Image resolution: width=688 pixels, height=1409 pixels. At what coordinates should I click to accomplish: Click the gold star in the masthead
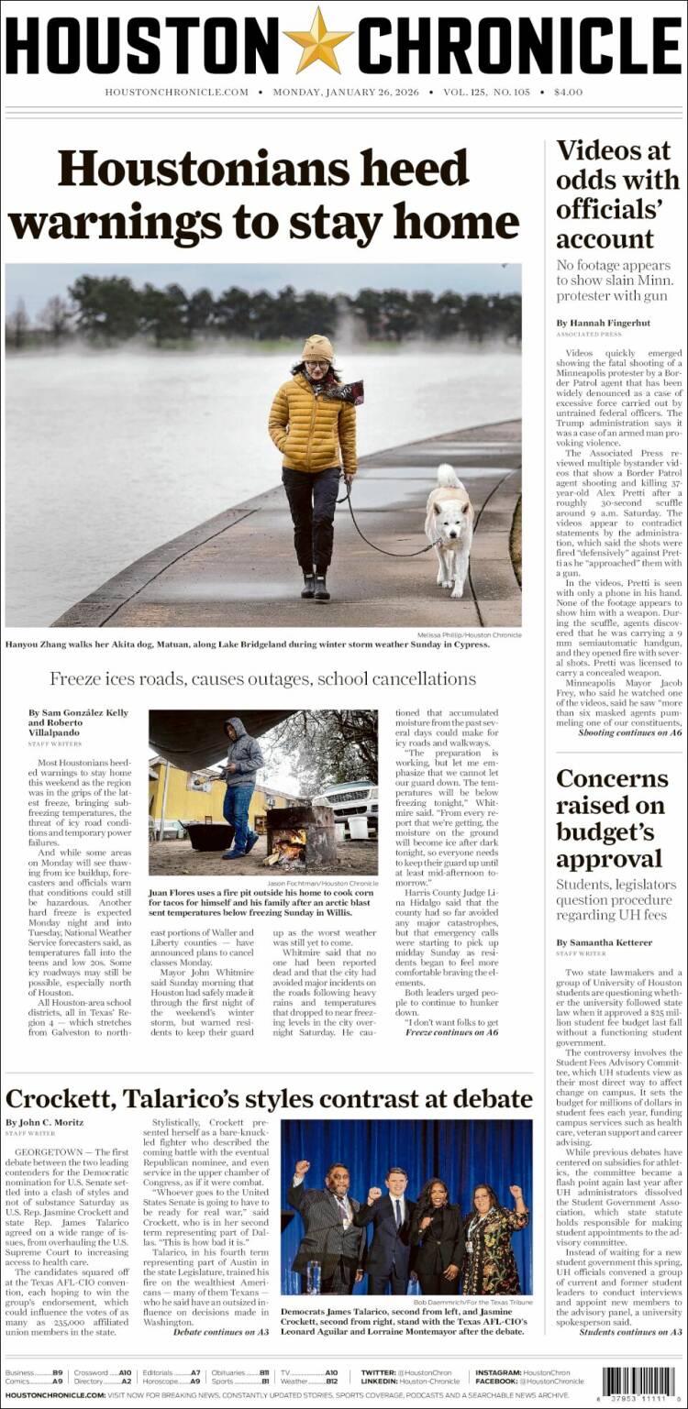pyautogui.click(x=318, y=41)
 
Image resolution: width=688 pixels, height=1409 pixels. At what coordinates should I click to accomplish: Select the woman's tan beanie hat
pyautogui.click(x=317, y=349)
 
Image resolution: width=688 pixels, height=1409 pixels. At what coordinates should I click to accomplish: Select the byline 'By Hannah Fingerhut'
pyautogui.click(x=603, y=323)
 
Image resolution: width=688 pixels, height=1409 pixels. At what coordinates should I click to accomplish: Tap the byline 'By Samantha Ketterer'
pyautogui.click(x=604, y=941)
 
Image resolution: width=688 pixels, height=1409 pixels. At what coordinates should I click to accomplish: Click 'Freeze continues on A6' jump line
pyautogui.click(x=451, y=1031)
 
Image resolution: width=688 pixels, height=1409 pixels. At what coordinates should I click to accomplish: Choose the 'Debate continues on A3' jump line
pyautogui.click(x=220, y=1331)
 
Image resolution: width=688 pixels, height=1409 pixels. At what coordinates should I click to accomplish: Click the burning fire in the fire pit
pyautogui.click(x=287, y=844)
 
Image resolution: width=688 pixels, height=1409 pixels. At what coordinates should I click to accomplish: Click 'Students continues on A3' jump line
pyautogui.click(x=630, y=1331)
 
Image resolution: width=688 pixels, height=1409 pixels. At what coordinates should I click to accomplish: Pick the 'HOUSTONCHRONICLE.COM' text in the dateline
pyautogui.click(x=176, y=92)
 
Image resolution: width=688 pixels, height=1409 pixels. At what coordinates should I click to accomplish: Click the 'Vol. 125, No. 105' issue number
pyautogui.click(x=486, y=92)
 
